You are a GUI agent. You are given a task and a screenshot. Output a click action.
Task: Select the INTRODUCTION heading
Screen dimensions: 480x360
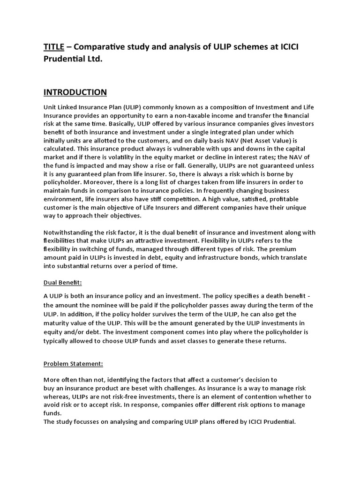pyautogui.click(x=75, y=92)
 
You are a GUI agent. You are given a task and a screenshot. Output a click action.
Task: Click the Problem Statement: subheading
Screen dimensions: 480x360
pyautogui.click(x=73, y=364)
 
